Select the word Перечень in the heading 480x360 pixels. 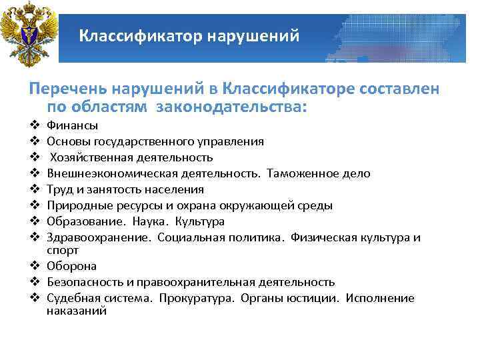66,89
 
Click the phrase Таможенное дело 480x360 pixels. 319,173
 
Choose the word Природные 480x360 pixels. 75,205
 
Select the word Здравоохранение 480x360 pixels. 99,237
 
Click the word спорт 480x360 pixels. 63,250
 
